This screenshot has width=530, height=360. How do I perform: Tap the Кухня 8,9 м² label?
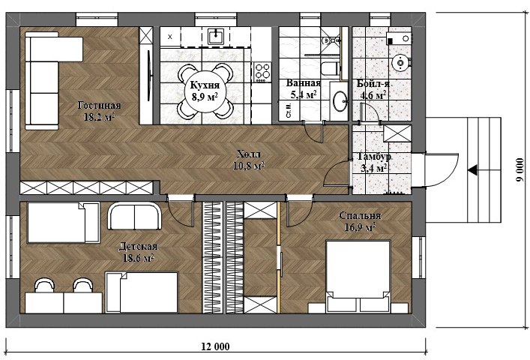[x=205, y=91]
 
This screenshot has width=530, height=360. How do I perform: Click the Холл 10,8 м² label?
[x=249, y=160]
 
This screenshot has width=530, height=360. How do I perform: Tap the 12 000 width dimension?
[x=215, y=346]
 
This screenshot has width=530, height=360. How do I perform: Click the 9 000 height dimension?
[x=520, y=169]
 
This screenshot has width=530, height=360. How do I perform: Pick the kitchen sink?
[x=215, y=36]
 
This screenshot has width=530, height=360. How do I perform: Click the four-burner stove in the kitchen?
[x=262, y=72]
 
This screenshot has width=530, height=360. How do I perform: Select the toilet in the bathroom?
[x=330, y=68]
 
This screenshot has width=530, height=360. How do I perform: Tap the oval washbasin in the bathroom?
[x=340, y=100]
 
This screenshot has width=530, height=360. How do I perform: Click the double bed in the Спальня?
[x=358, y=276]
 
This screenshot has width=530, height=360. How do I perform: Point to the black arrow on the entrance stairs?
[x=472, y=169]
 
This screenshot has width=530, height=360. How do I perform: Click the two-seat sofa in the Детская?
[x=134, y=216]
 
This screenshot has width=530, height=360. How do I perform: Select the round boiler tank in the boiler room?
[x=400, y=62]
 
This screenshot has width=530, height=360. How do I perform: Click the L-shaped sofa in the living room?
[x=52, y=80]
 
